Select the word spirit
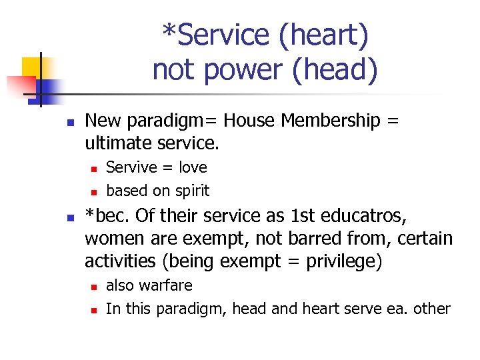(191, 191)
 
